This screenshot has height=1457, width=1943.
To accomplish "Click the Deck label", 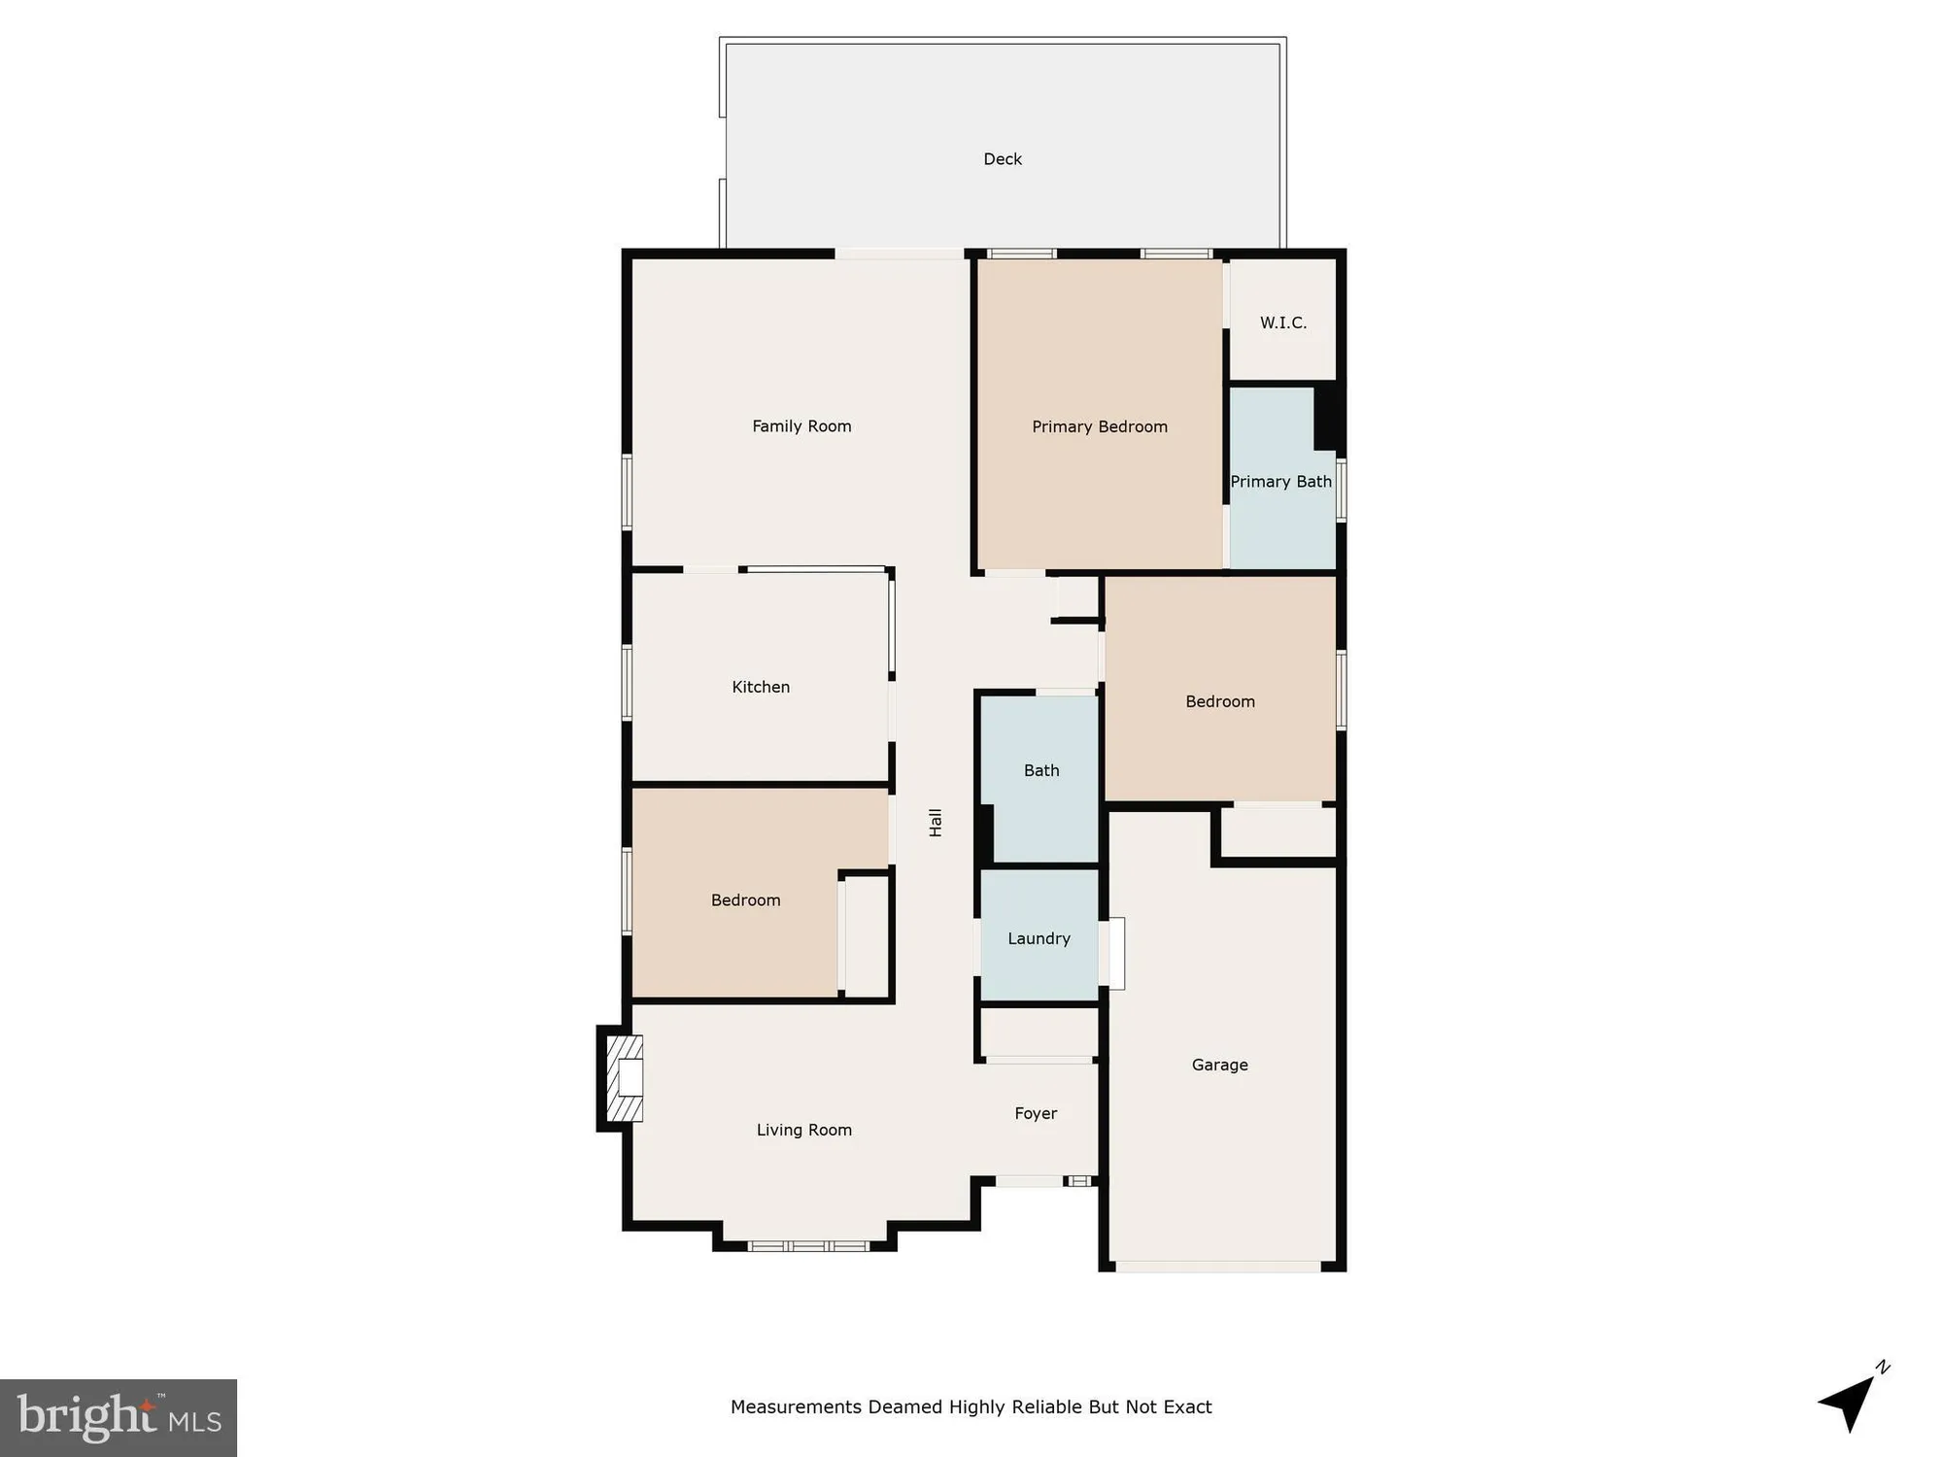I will [x=1003, y=159].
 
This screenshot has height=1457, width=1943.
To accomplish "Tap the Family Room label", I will [x=801, y=426].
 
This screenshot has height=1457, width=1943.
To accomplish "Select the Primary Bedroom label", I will [x=1099, y=427].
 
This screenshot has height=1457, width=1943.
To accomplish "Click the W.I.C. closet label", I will [x=1282, y=323].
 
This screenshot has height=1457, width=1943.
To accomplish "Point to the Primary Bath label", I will [x=1280, y=482].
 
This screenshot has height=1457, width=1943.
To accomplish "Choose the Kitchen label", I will [x=761, y=688].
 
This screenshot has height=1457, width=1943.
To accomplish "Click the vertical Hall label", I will [x=936, y=823].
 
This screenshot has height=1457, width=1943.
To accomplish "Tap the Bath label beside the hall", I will [x=1041, y=771].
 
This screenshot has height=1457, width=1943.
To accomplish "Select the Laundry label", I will [x=1039, y=939].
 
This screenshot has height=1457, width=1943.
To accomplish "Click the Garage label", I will [x=1219, y=1066].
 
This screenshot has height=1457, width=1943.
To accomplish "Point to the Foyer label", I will [x=1036, y=1114].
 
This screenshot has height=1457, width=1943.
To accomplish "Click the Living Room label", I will [x=803, y=1131].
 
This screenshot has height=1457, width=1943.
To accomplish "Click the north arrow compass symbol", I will [x=1852, y=1402].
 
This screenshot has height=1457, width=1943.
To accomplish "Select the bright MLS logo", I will [x=119, y=1417].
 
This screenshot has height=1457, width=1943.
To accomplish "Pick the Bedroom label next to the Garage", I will [x=1219, y=702].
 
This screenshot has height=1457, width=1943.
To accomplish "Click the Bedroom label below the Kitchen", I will [x=745, y=900].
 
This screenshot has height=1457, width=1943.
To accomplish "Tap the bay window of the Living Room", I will [x=808, y=1245].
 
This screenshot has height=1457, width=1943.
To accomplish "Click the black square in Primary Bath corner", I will [x=1329, y=418].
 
